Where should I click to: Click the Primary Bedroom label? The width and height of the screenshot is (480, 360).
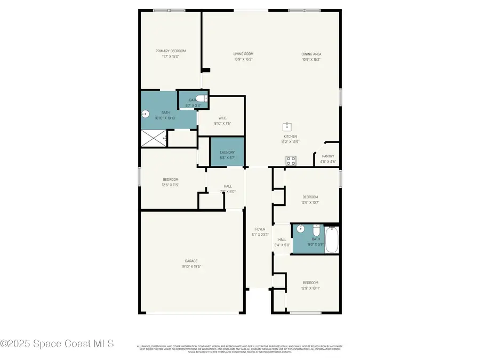(171, 51)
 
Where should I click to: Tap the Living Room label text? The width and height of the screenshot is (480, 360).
(243, 54)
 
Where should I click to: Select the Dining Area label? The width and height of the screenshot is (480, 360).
(311, 54)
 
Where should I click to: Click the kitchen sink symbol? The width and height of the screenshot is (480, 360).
(287, 126)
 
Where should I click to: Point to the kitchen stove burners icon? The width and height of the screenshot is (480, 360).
(291, 159)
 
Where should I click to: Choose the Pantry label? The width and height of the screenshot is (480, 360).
(328, 156)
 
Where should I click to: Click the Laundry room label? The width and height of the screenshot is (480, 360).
(227, 153)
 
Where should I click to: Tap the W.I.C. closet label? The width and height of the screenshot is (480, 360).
(223, 118)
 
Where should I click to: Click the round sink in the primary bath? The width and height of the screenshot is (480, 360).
(146, 113)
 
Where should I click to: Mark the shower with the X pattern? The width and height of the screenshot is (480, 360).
(154, 139)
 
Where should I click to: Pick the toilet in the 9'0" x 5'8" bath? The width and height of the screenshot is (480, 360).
(316, 230)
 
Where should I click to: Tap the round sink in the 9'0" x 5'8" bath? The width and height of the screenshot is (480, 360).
(300, 229)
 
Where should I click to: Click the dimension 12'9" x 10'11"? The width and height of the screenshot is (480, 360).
(310, 288)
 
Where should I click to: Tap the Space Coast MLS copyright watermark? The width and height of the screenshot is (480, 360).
(57, 344)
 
